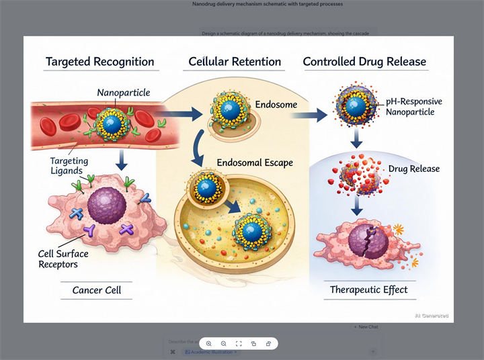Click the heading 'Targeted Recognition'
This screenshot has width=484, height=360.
99,62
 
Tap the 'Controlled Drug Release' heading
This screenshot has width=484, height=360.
364,62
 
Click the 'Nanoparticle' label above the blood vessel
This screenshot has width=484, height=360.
124,93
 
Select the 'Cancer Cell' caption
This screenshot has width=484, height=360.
102,291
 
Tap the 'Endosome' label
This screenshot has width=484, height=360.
276,105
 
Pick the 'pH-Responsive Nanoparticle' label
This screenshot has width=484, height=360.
414,107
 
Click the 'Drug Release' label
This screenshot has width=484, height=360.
414,169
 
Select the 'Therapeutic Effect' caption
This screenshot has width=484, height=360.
368,290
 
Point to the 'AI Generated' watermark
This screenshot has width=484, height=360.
431,316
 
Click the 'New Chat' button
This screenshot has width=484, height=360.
366,327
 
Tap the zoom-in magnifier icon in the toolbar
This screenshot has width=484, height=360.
209,343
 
